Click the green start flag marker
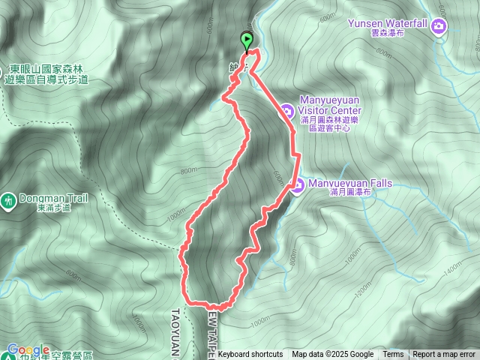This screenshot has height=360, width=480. pos(246,40)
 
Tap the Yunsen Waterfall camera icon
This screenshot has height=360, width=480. pos(439,27)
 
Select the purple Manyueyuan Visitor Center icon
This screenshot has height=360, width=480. pos(287,112)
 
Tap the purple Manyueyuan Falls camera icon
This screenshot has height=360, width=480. pos(298,184)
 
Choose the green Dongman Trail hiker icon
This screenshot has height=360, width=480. pos(8,201)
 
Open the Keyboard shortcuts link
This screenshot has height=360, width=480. pos(250,355)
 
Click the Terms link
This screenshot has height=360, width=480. pos(393,355)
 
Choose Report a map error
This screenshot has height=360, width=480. pos(444,355)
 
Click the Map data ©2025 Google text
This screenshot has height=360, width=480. pos(332,355)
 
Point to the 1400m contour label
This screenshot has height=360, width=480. pos(452,267)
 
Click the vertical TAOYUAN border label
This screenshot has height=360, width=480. pos(175,330)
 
